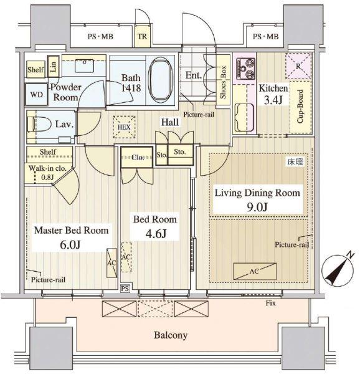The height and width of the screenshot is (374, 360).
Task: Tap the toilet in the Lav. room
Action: tap(40, 124)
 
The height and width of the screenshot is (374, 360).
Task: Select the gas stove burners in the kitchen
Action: tap(245, 69)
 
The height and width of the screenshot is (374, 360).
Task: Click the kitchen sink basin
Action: tap(244, 117)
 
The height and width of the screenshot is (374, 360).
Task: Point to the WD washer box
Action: tap(37, 95)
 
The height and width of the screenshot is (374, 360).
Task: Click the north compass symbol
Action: tap(337, 269)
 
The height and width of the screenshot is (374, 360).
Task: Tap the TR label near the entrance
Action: tap(142, 37)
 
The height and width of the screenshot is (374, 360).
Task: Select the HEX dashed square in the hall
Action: tap(124, 127)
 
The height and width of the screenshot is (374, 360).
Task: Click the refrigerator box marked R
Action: tap(298, 66)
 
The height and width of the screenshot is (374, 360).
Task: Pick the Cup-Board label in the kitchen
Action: tap(300, 107)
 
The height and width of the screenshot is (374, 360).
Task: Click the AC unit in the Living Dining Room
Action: tap(255, 271)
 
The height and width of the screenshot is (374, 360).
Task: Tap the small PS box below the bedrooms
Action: tap(125, 289)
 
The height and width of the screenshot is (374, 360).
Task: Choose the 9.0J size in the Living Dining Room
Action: tap(257, 207)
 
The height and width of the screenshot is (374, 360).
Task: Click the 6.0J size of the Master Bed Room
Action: tap(70, 245)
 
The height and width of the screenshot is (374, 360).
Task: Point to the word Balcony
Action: tap(171, 335)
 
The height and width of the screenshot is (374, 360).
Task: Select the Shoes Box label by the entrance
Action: tap(223, 82)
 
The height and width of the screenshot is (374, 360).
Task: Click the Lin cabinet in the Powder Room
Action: tap(54, 66)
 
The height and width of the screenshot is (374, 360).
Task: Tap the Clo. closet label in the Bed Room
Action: tap(138, 158)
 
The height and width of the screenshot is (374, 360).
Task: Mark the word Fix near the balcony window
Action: tap(271, 303)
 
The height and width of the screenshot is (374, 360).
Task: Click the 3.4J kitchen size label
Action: tap(273, 100)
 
